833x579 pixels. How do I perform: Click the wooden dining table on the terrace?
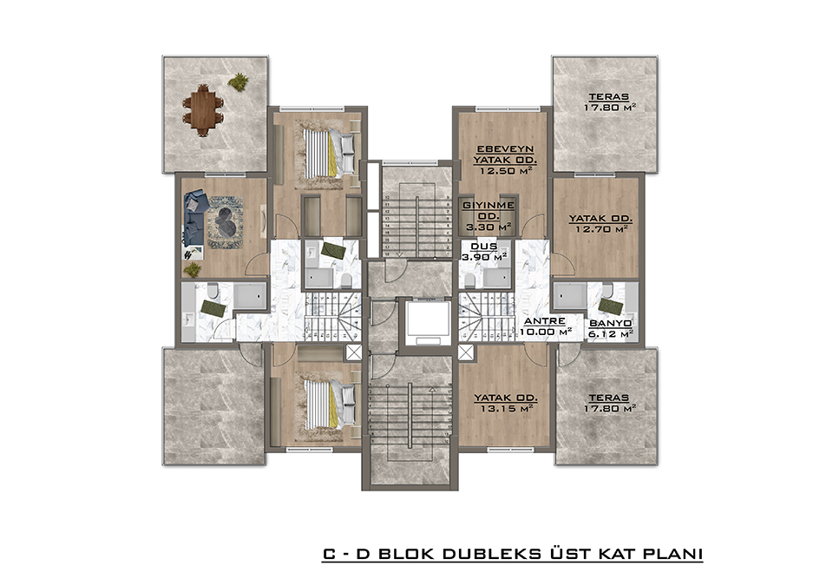(202, 110)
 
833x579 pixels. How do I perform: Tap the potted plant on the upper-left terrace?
(238, 82)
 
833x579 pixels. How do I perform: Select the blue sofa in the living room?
(193, 220)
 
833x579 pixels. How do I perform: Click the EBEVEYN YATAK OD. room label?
(505, 155)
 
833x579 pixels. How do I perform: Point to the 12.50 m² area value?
(505, 171)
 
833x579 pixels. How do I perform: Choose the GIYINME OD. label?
(488, 211)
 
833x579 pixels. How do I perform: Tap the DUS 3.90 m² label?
(483, 252)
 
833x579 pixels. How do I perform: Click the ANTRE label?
(545, 321)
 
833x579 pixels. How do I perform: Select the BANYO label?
(610, 323)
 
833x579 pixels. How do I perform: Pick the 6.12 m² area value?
(610, 334)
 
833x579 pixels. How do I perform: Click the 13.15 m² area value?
(505, 408)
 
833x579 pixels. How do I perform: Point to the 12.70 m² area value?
(601, 229)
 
